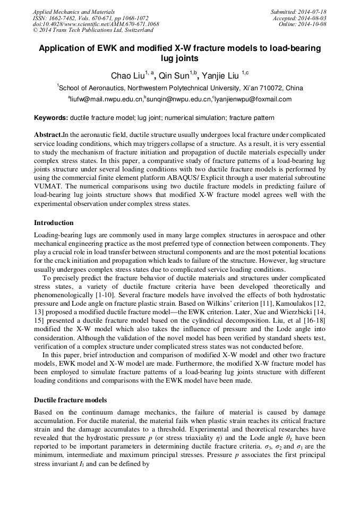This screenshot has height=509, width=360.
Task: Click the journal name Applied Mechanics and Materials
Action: coord(74,11)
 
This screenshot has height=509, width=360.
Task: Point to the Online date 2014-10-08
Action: coord(313,24)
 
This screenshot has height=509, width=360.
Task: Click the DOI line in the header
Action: coord(96,24)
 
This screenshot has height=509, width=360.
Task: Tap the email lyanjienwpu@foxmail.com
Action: coord(253,99)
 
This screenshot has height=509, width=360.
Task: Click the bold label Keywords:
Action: coord(51,117)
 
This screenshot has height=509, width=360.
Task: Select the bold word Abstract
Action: coord(48,135)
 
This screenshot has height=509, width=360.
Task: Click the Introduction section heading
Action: coord(54,223)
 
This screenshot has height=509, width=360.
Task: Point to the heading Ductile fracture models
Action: coord(70,400)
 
